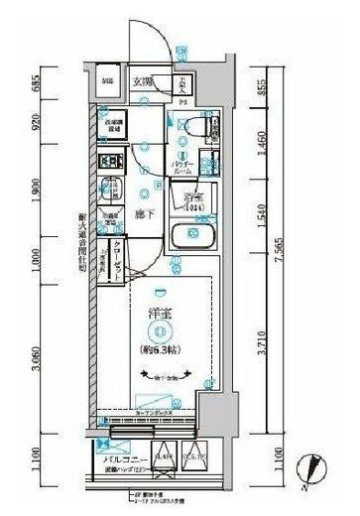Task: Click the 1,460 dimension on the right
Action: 260,147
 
